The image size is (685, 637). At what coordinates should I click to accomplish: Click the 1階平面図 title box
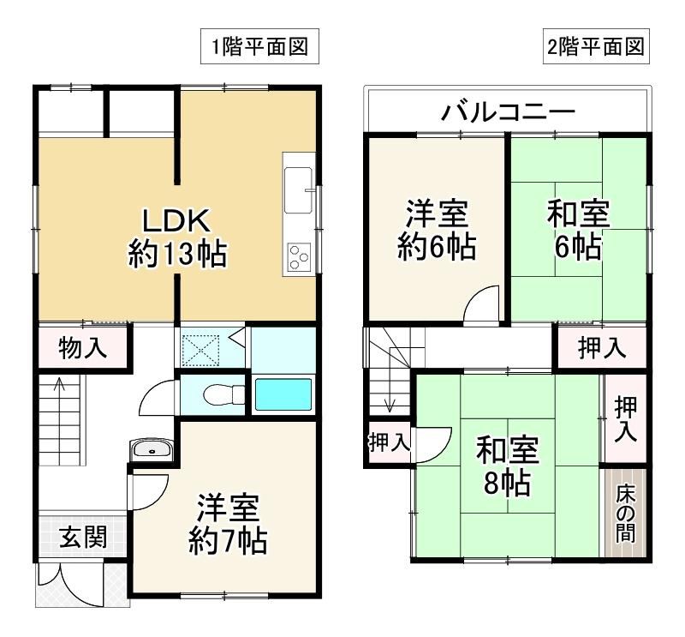click(259, 46)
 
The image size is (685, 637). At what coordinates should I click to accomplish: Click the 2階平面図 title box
click(596, 46)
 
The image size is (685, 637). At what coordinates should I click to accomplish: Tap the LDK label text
click(177, 221)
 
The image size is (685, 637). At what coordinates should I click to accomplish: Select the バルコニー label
click(508, 112)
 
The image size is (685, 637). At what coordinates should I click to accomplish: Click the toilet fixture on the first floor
click(223, 394)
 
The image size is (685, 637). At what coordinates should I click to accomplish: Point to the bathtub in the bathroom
click(283, 394)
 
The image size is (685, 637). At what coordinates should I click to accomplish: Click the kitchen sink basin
click(299, 189)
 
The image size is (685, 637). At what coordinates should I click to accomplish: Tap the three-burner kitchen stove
click(299, 257)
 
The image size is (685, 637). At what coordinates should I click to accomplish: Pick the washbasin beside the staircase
click(152, 450)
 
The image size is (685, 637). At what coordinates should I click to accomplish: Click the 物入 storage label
click(83, 348)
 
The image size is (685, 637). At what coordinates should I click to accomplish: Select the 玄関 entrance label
click(83, 537)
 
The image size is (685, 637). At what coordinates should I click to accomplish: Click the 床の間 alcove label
click(626, 513)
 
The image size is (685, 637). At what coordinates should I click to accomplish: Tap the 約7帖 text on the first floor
click(228, 541)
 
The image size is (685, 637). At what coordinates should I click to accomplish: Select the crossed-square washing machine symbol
click(200, 350)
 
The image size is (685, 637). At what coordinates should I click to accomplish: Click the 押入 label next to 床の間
click(626, 418)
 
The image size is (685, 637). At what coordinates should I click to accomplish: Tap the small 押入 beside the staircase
click(390, 442)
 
